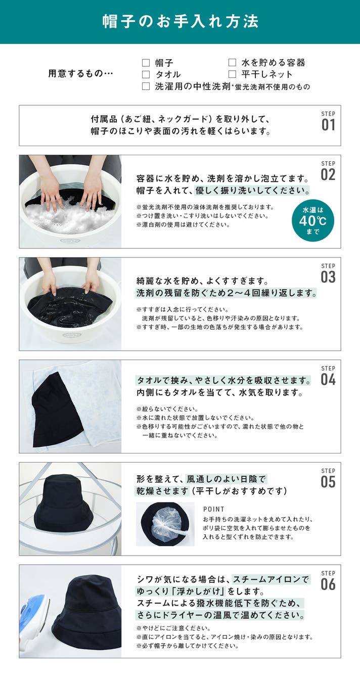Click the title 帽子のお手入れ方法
[181, 21]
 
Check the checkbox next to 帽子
[146, 63]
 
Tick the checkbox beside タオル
[146, 74]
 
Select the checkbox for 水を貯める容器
[232, 63]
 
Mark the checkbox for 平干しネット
[232, 74]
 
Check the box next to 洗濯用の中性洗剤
[146, 86]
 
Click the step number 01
[328, 125]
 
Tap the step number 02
[328, 174]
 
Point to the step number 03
[328, 277]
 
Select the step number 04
[328, 380]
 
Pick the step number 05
[328, 482]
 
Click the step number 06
[328, 584]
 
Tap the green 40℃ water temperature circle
[313, 220]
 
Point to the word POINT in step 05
[214, 509]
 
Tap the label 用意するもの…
[80, 74]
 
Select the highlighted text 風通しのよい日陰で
[226, 479]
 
